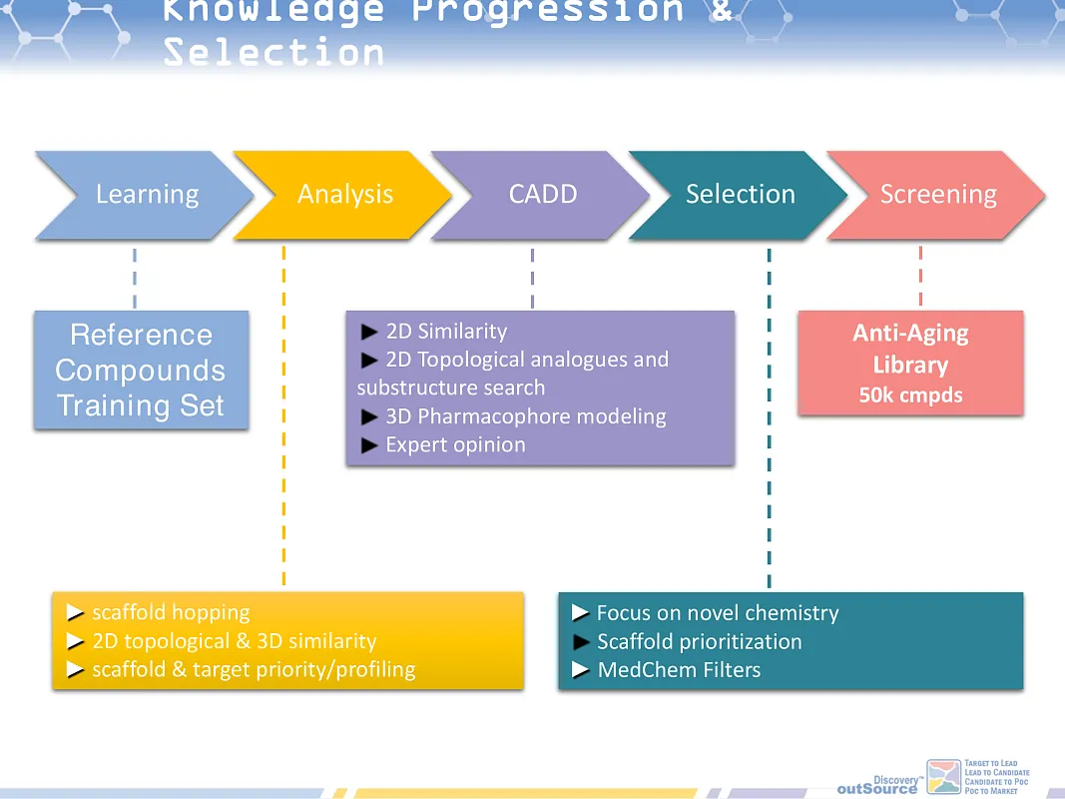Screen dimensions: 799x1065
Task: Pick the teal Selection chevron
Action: pos(740,195)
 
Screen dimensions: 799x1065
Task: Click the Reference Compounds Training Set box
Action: pos(141,371)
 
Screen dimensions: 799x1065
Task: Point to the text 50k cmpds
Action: pos(910,396)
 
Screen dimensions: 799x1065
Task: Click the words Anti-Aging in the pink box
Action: pos(910,334)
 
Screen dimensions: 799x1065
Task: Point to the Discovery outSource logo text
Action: pos(877,786)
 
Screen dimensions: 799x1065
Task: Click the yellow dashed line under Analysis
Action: pos(284,419)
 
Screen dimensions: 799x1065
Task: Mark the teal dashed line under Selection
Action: pos(769,419)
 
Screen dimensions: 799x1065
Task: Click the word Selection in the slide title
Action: pos(274,52)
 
